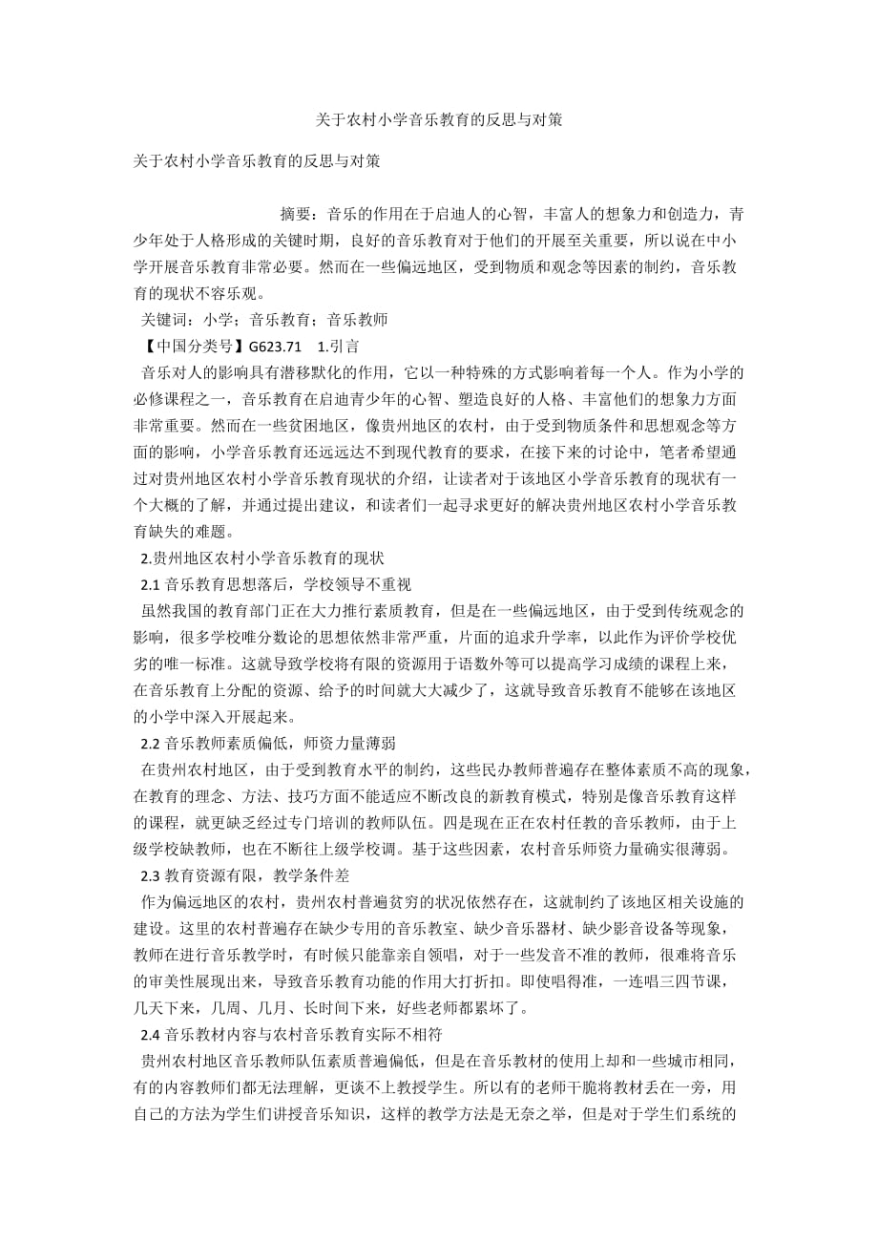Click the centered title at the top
(x=439, y=121)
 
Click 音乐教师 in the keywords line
(x=358, y=318)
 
